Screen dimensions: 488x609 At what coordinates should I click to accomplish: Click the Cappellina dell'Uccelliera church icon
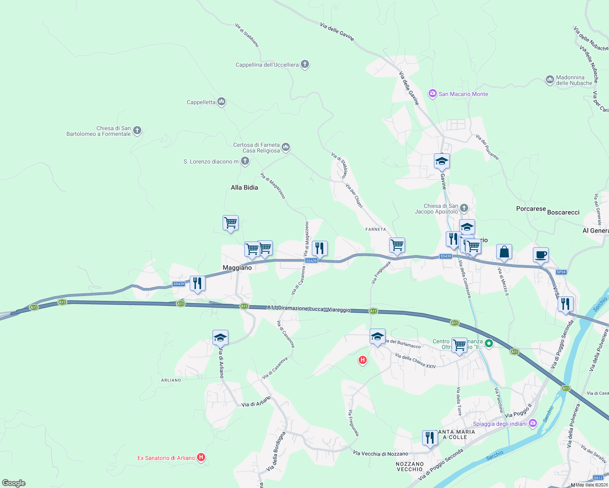(305, 64)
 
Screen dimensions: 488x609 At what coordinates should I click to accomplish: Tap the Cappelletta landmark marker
(221, 102)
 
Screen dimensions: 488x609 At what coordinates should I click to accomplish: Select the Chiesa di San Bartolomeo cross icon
(137, 131)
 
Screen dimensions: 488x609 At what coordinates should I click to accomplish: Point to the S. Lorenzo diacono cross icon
(245, 161)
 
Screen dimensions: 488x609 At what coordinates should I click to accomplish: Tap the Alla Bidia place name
(244, 187)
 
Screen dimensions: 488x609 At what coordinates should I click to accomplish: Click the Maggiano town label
(237, 268)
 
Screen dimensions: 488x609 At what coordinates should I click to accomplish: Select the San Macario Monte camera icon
(432, 94)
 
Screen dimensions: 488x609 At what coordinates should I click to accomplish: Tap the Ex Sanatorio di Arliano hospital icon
(201, 457)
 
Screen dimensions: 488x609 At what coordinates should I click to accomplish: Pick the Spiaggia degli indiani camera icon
(533, 423)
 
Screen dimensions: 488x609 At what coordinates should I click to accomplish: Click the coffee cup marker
(540, 255)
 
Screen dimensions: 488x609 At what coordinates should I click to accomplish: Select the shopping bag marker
(504, 252)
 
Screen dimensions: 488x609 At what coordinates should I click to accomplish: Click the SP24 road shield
(561, 272)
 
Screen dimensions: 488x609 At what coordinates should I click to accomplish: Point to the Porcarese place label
(531, 209)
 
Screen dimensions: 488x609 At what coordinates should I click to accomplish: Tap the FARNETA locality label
(375, 229)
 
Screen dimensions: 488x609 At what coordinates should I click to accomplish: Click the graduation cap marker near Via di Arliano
(220, 338)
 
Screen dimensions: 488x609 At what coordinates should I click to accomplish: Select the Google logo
(14, 483)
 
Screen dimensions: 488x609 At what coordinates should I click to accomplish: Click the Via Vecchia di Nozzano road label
(380, 453)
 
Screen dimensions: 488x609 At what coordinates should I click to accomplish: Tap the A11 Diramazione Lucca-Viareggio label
(309, 309)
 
